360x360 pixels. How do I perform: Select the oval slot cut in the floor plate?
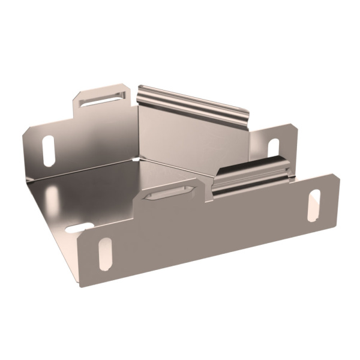click(79, 228)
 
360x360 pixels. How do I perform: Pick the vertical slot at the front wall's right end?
click(313, 205)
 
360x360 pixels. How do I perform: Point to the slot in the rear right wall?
click(273, 148)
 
